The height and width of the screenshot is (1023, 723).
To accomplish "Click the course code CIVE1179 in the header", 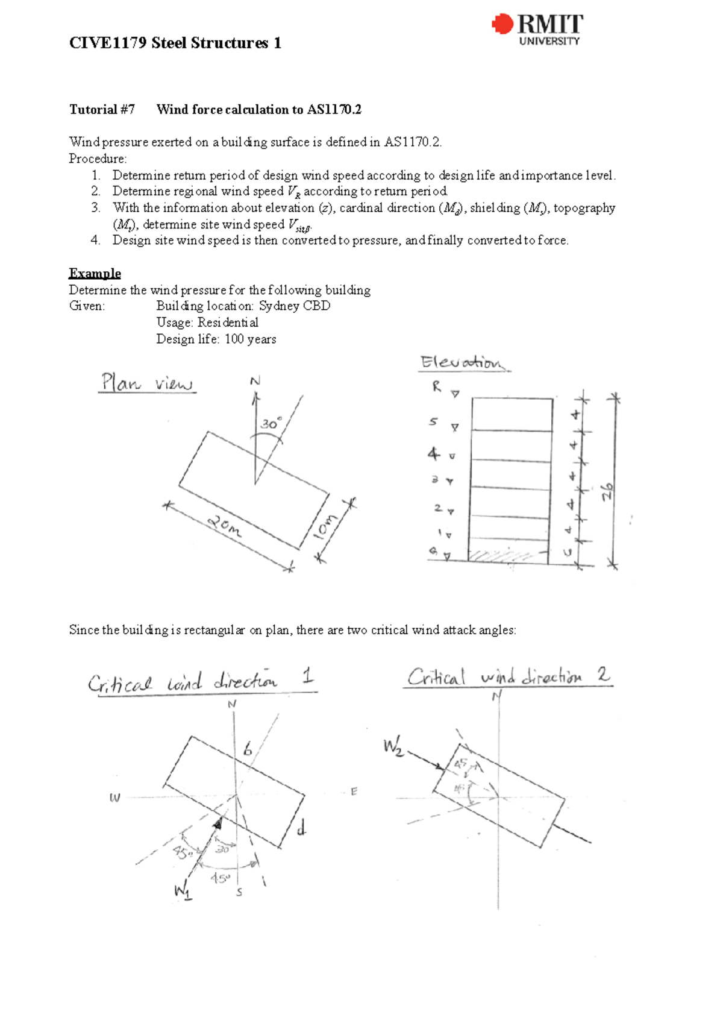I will (x=108, y=43).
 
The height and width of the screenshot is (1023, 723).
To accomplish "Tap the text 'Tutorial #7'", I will (x=102, y=109).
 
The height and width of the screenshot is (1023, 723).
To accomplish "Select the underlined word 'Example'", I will (x=95, y=273).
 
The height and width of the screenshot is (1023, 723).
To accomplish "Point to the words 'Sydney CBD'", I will (x=295, y=306).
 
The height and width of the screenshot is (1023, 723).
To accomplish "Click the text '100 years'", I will (x=250, y=339).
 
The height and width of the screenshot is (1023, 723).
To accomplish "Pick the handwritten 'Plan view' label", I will (x=146, y=383).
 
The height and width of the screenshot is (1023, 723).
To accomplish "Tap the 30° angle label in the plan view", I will (x=271, y=424).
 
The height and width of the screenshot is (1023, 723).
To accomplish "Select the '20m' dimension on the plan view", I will (x=225, y=526).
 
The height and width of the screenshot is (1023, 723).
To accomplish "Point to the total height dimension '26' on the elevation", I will (x=607, y=491).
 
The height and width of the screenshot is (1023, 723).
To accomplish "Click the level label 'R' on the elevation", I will (x=436, y=386).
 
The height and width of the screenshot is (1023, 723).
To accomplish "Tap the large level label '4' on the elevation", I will (x=433, y=453).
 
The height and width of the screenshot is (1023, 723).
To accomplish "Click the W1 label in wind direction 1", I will (x=183, y=890).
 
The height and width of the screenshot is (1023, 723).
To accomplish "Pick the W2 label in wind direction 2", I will (x=393, y=747).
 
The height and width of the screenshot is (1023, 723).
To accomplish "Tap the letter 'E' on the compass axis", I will (x=354, y=791).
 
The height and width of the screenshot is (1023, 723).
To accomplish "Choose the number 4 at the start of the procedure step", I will (x=95, y=240).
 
